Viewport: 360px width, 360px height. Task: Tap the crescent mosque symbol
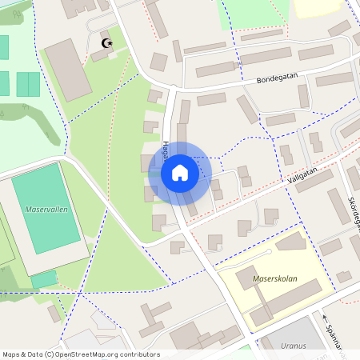pyautogui.click(x=104, y=43)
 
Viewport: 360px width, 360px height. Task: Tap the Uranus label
pyautogui.click(x=295, y=346)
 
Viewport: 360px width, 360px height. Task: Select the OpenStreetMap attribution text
pyautogui.click(x=81, y=354)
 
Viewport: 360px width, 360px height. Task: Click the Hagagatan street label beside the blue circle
pyautogui.click(x=165, y=146)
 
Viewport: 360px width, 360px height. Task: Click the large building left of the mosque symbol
pyautogui.click(x=67, y=70)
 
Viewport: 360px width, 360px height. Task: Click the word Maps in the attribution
pyautogui.click(x=12, y=354)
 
